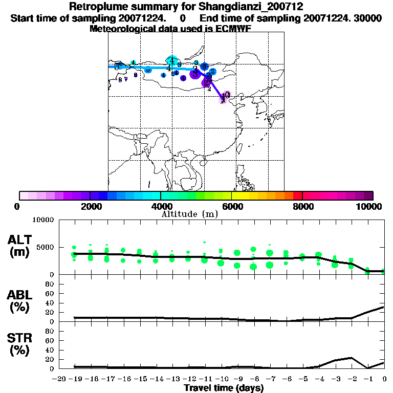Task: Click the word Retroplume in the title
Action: click(96, 7)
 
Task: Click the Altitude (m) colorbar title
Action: click(190, 214)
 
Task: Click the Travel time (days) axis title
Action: click(224, 388)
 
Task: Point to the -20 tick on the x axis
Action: click(59, 379)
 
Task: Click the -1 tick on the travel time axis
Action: click(368, 379)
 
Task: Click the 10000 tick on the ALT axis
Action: click(43, 220)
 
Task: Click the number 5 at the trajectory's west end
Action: click(117, 67)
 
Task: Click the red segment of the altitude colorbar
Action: click(297, 195)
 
